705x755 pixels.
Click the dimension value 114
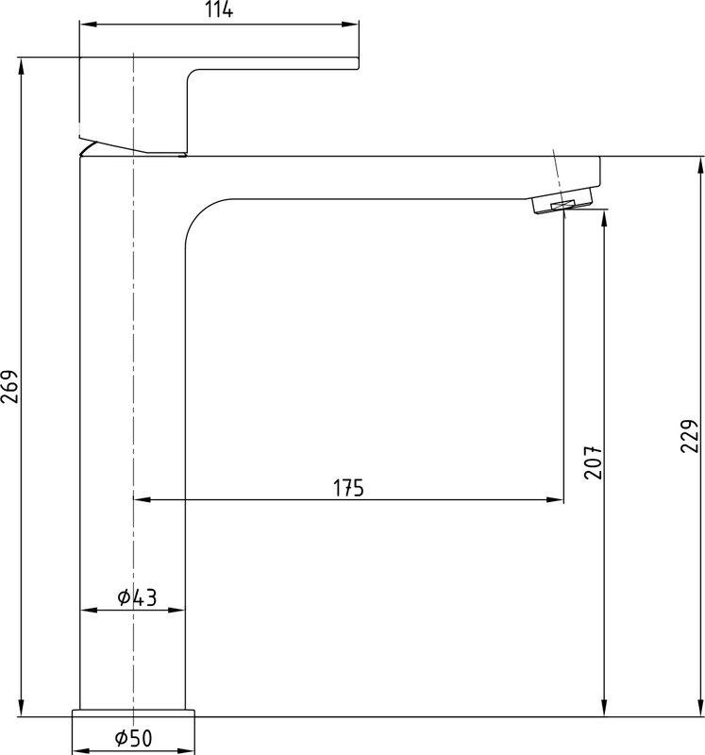point(219,9)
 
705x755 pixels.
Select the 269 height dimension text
point(10,387)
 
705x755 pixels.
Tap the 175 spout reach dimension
point(348,488)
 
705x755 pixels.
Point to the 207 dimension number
point(593,462)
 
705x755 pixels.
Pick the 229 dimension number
point(689,436)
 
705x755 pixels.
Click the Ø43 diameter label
point(137,597)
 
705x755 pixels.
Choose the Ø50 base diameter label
point(133,738)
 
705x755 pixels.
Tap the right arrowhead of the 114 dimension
point(350,25)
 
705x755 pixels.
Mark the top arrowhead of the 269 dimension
point(21,66)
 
